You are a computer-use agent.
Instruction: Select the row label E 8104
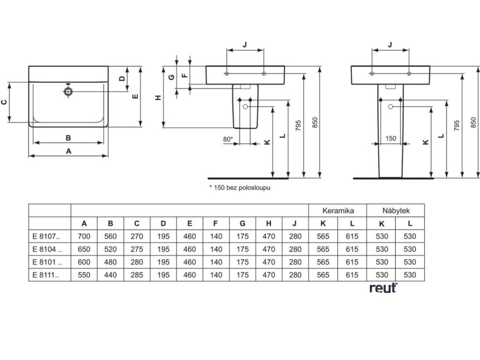tap(45, 249)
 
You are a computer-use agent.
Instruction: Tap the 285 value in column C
tap(137, 275)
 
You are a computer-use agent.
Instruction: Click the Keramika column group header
tap(337, 210)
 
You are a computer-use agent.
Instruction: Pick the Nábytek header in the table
tap(396, 210)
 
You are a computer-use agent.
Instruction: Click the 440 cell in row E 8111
tap(110, 275)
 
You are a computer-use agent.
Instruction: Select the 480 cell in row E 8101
tap(110, 262)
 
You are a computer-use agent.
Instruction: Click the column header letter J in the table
tap(295, 224)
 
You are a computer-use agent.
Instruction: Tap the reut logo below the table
tap(383, 288)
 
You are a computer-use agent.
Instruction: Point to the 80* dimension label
tap(228, 139)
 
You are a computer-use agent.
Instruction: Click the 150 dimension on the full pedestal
tap(390, 138)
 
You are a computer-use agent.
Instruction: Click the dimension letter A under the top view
tap(68, 151)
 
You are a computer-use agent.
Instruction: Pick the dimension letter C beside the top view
tap(4, 102)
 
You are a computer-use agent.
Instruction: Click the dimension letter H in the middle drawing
tap(158, 97)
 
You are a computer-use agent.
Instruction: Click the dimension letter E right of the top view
tap(135, 96)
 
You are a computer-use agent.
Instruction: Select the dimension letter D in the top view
tap(121, 79)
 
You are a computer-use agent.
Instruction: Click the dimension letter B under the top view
tap(68, 138)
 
